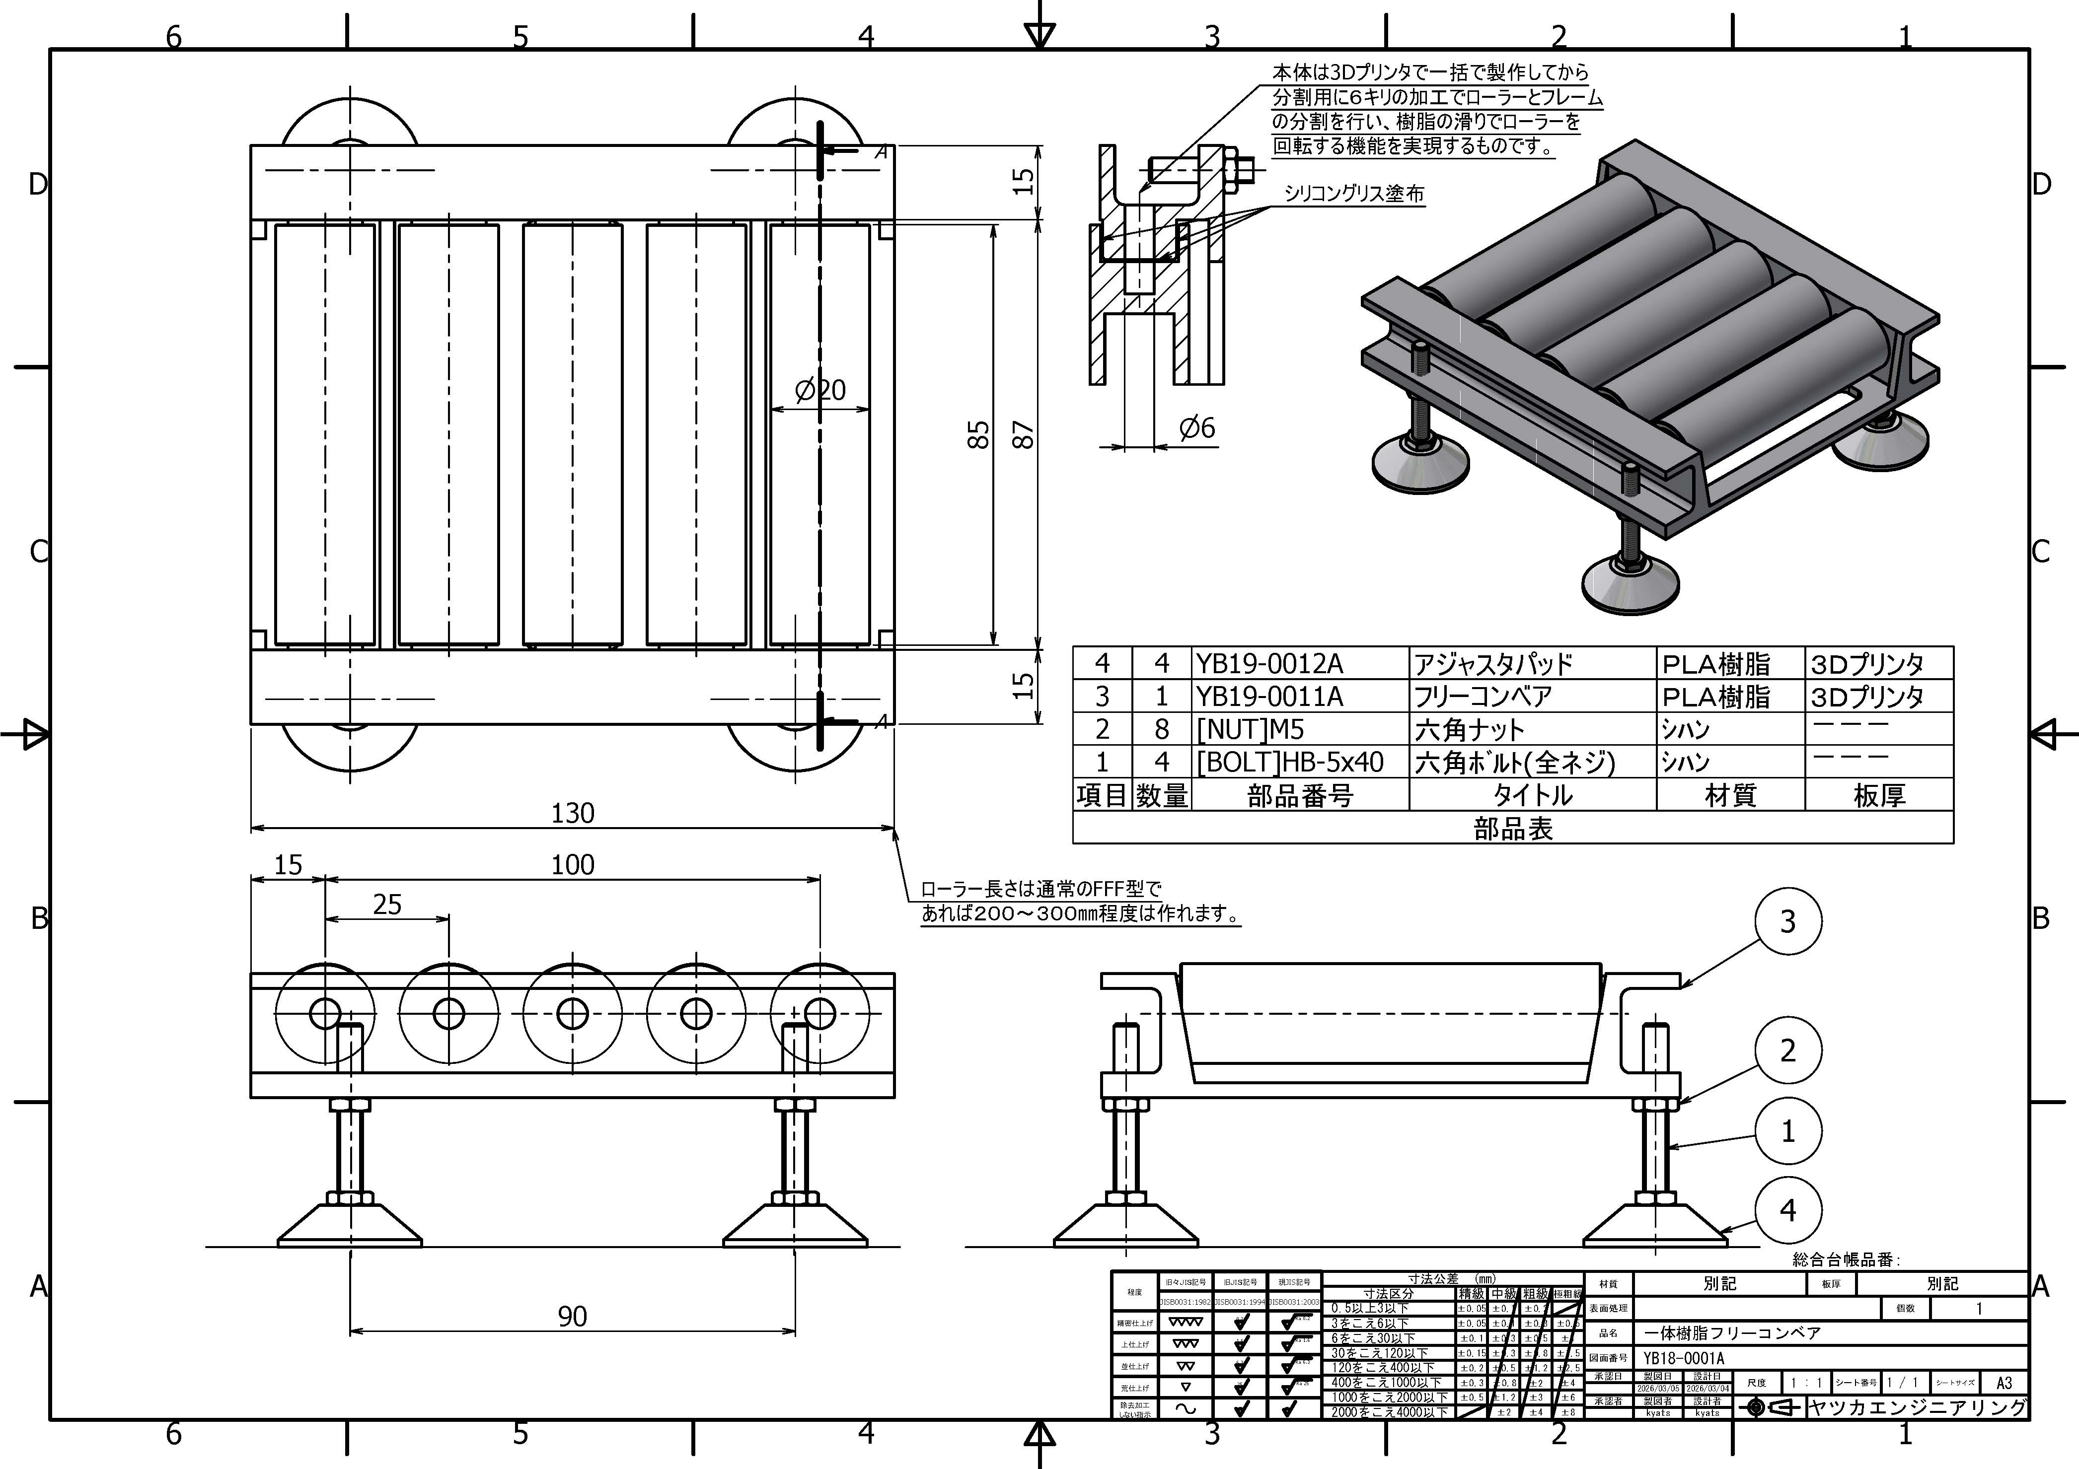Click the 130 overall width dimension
pos(572,813)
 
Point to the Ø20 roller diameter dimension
pos(819,390)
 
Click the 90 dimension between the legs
pos(572,1316)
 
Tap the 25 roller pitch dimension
pos(386,904)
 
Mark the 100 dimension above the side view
pos(572,864)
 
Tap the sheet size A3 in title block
pos(2003,1383)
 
